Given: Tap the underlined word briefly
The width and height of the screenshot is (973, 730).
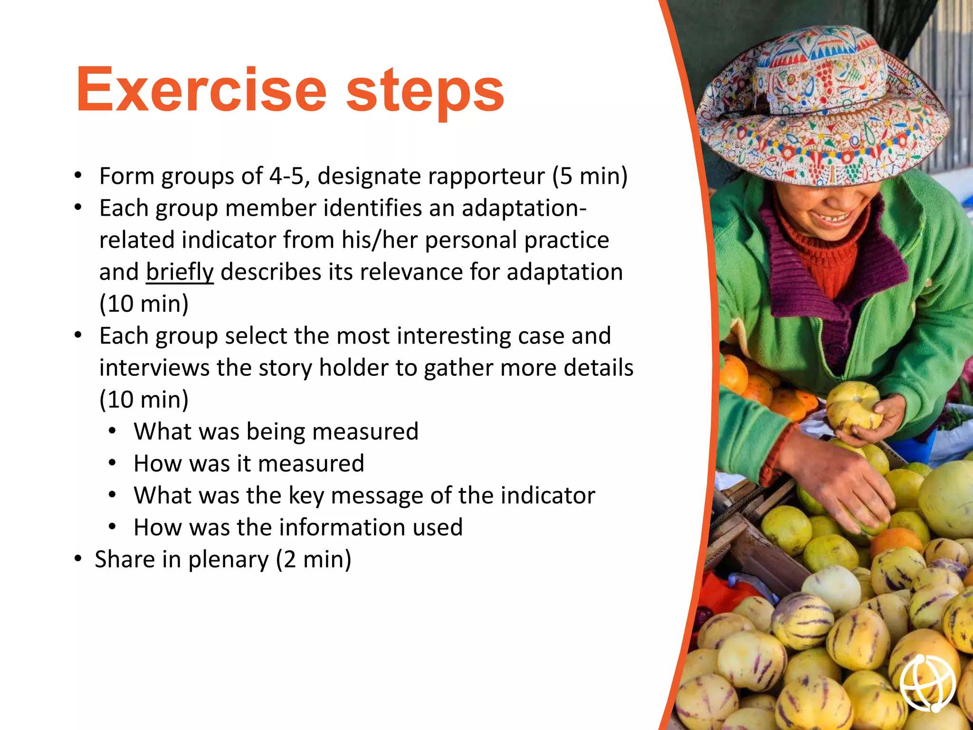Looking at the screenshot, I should [x=180, y=272].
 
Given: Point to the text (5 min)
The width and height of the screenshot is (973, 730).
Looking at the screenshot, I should [x=590, y=176].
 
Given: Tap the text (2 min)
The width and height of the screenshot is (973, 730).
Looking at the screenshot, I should [x=314, y=559].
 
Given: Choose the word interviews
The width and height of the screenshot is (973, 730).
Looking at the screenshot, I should [x=154, y=368].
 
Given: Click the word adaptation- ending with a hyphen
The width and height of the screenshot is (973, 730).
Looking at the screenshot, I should [x=524, y=208].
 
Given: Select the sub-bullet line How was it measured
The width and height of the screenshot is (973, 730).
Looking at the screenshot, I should [x=248, y=463].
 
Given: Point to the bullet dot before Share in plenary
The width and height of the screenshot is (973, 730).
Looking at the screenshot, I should [x=78, y=559].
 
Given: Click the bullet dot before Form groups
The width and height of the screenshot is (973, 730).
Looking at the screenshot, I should [x=78, y=176].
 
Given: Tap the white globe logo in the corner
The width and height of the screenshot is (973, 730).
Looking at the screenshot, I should [x=927, y=682].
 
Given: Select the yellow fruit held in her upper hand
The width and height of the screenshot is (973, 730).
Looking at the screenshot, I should [x=853, y=407].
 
